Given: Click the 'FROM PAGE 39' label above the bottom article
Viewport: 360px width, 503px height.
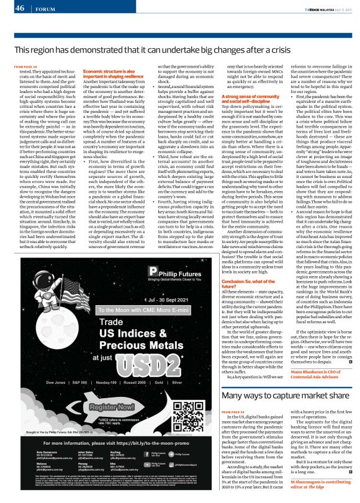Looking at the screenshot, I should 233,411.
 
